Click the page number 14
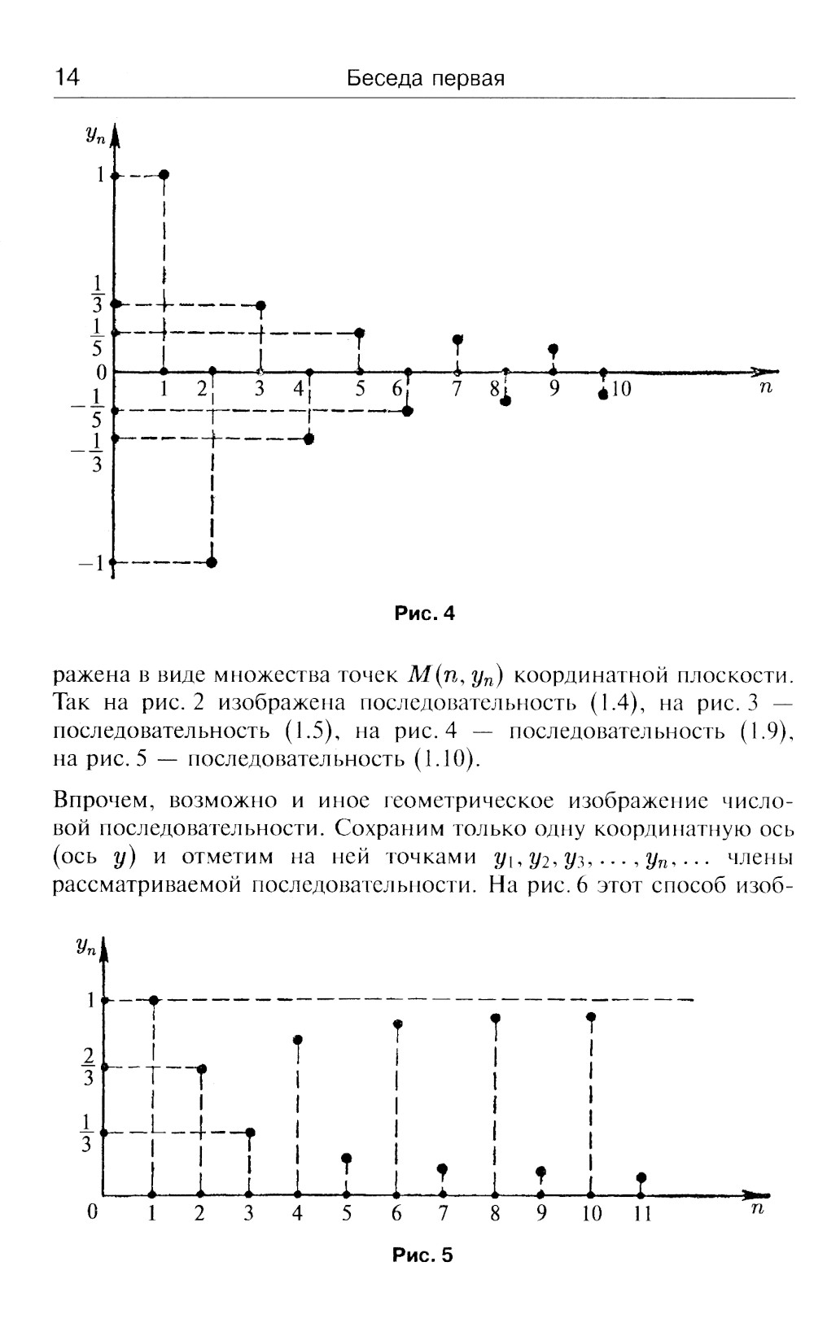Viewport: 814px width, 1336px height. (67, 78)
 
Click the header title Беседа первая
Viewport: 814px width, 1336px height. (425, 78)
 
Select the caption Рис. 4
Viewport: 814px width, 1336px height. (424, 613)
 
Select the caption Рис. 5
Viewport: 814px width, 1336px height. (422, 1255)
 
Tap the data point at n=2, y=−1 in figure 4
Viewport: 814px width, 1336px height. (212, 562)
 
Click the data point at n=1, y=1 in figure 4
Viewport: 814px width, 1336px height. (164, 175)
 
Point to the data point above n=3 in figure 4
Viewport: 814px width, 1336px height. (260, 306)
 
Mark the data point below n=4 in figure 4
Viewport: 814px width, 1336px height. (309, 439)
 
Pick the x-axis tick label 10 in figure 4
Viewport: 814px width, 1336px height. (622, 389)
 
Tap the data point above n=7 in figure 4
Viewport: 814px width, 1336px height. (457, 339)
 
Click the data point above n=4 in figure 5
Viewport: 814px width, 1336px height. (298, 1040)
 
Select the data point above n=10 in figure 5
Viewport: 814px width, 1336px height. (591, 1017)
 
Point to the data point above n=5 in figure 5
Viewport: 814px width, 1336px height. (346, 1158)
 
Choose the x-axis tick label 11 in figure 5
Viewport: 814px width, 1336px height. (642, 1214)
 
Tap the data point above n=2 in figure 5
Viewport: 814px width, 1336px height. (202, 1068)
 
